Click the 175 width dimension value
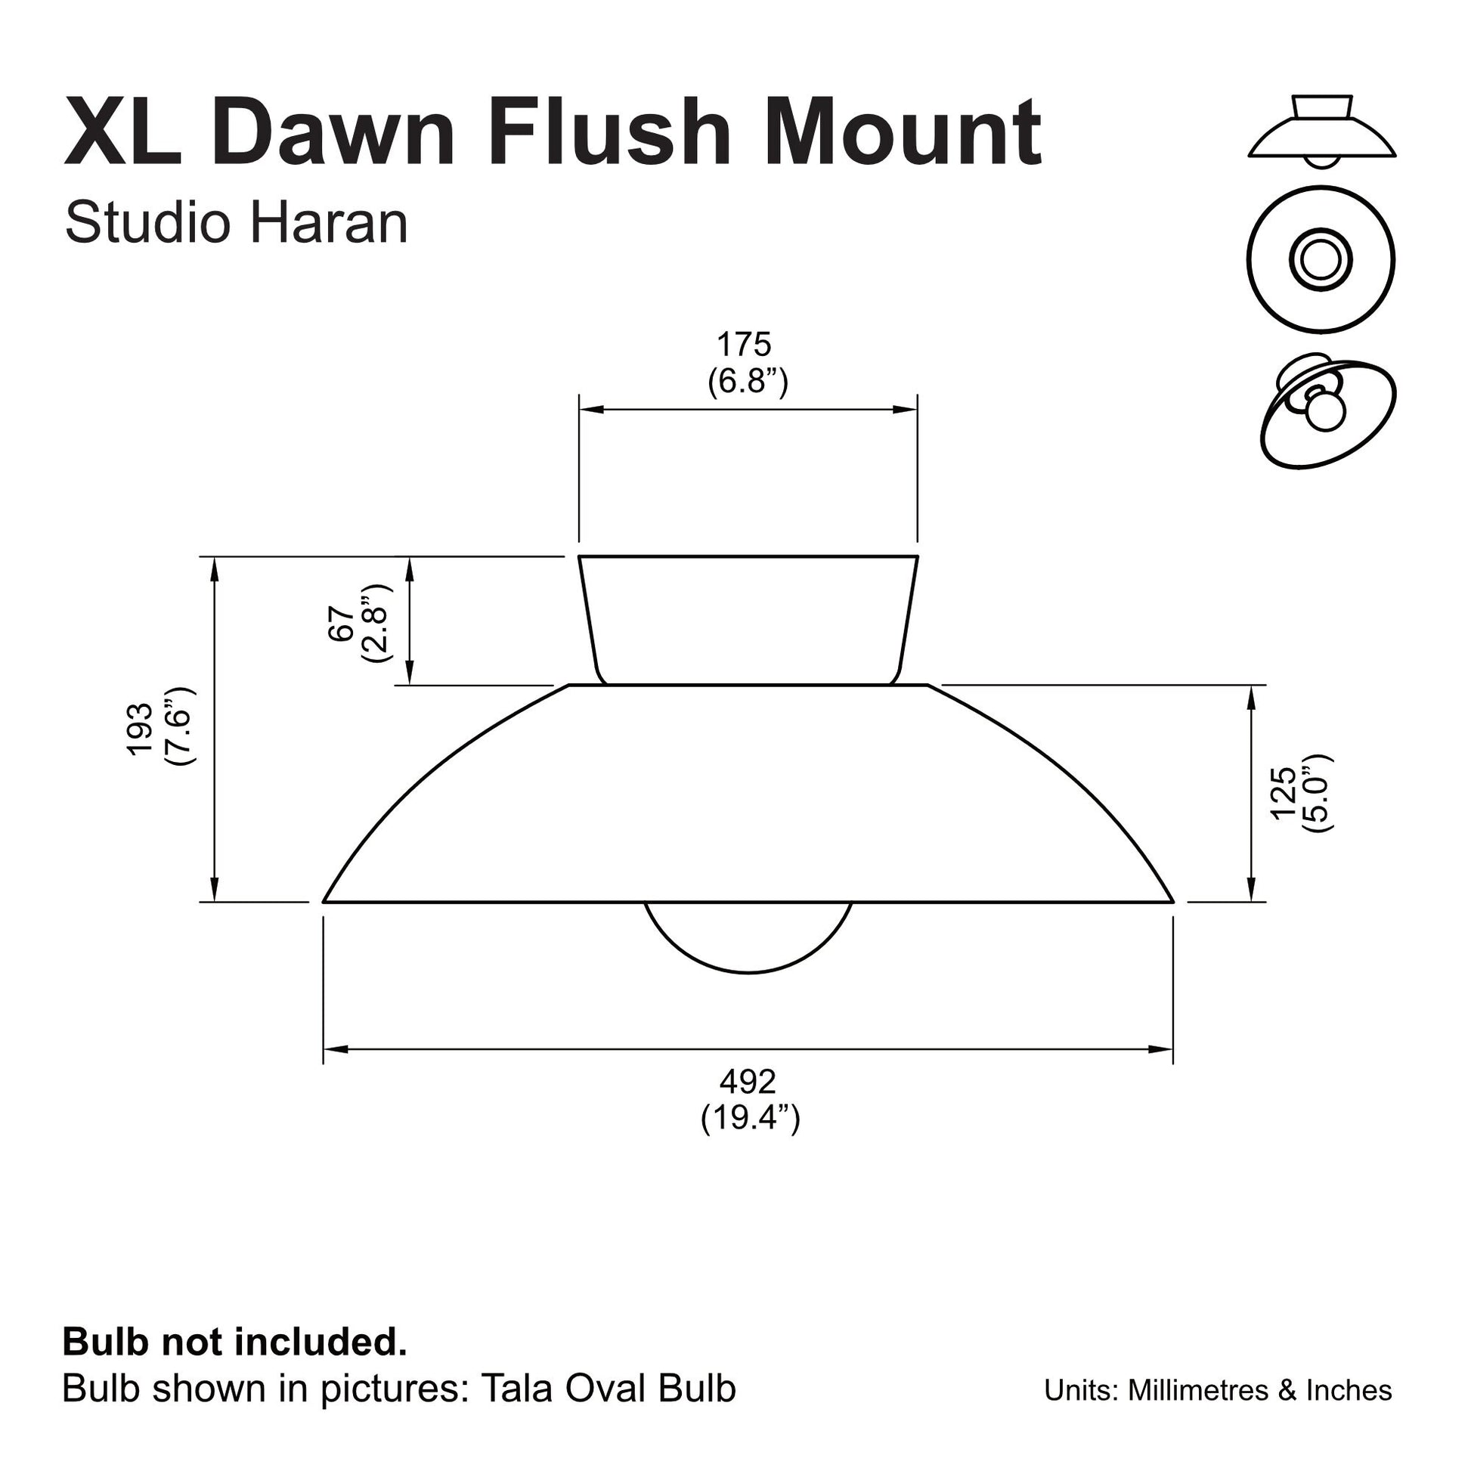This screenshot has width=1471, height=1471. [x=744, y=345]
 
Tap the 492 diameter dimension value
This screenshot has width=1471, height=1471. [x=748, y=1081]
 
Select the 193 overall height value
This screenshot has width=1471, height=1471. [x=141, y=729]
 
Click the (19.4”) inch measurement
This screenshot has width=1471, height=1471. [x=750, y=1118]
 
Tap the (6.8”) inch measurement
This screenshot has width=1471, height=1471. [x=748, y=381]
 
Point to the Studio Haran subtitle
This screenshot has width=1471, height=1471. [x=236, y=223]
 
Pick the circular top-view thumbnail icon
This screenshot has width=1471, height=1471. [x=1321, y=259]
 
